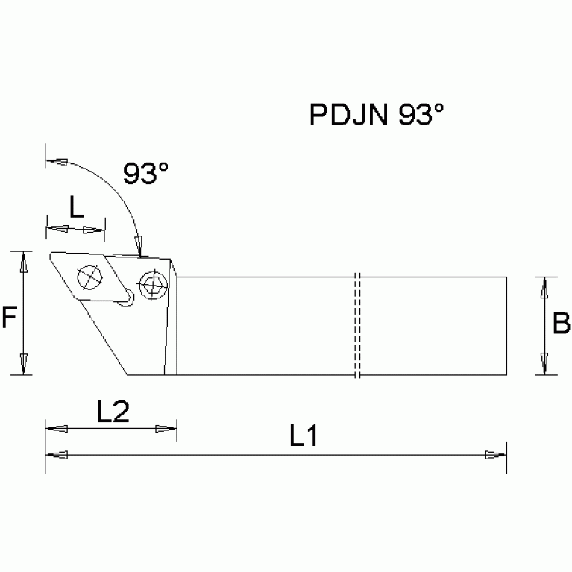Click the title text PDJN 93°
click(377, 116)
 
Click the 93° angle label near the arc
click(146, 175)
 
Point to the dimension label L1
click(305, 437)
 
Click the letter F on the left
click(9, 319)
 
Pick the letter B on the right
click(562, 324)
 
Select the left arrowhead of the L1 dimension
click(56, 454)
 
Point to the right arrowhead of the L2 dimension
click(166, 429)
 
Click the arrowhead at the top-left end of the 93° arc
click(56, 160)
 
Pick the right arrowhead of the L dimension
click(94, 229)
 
